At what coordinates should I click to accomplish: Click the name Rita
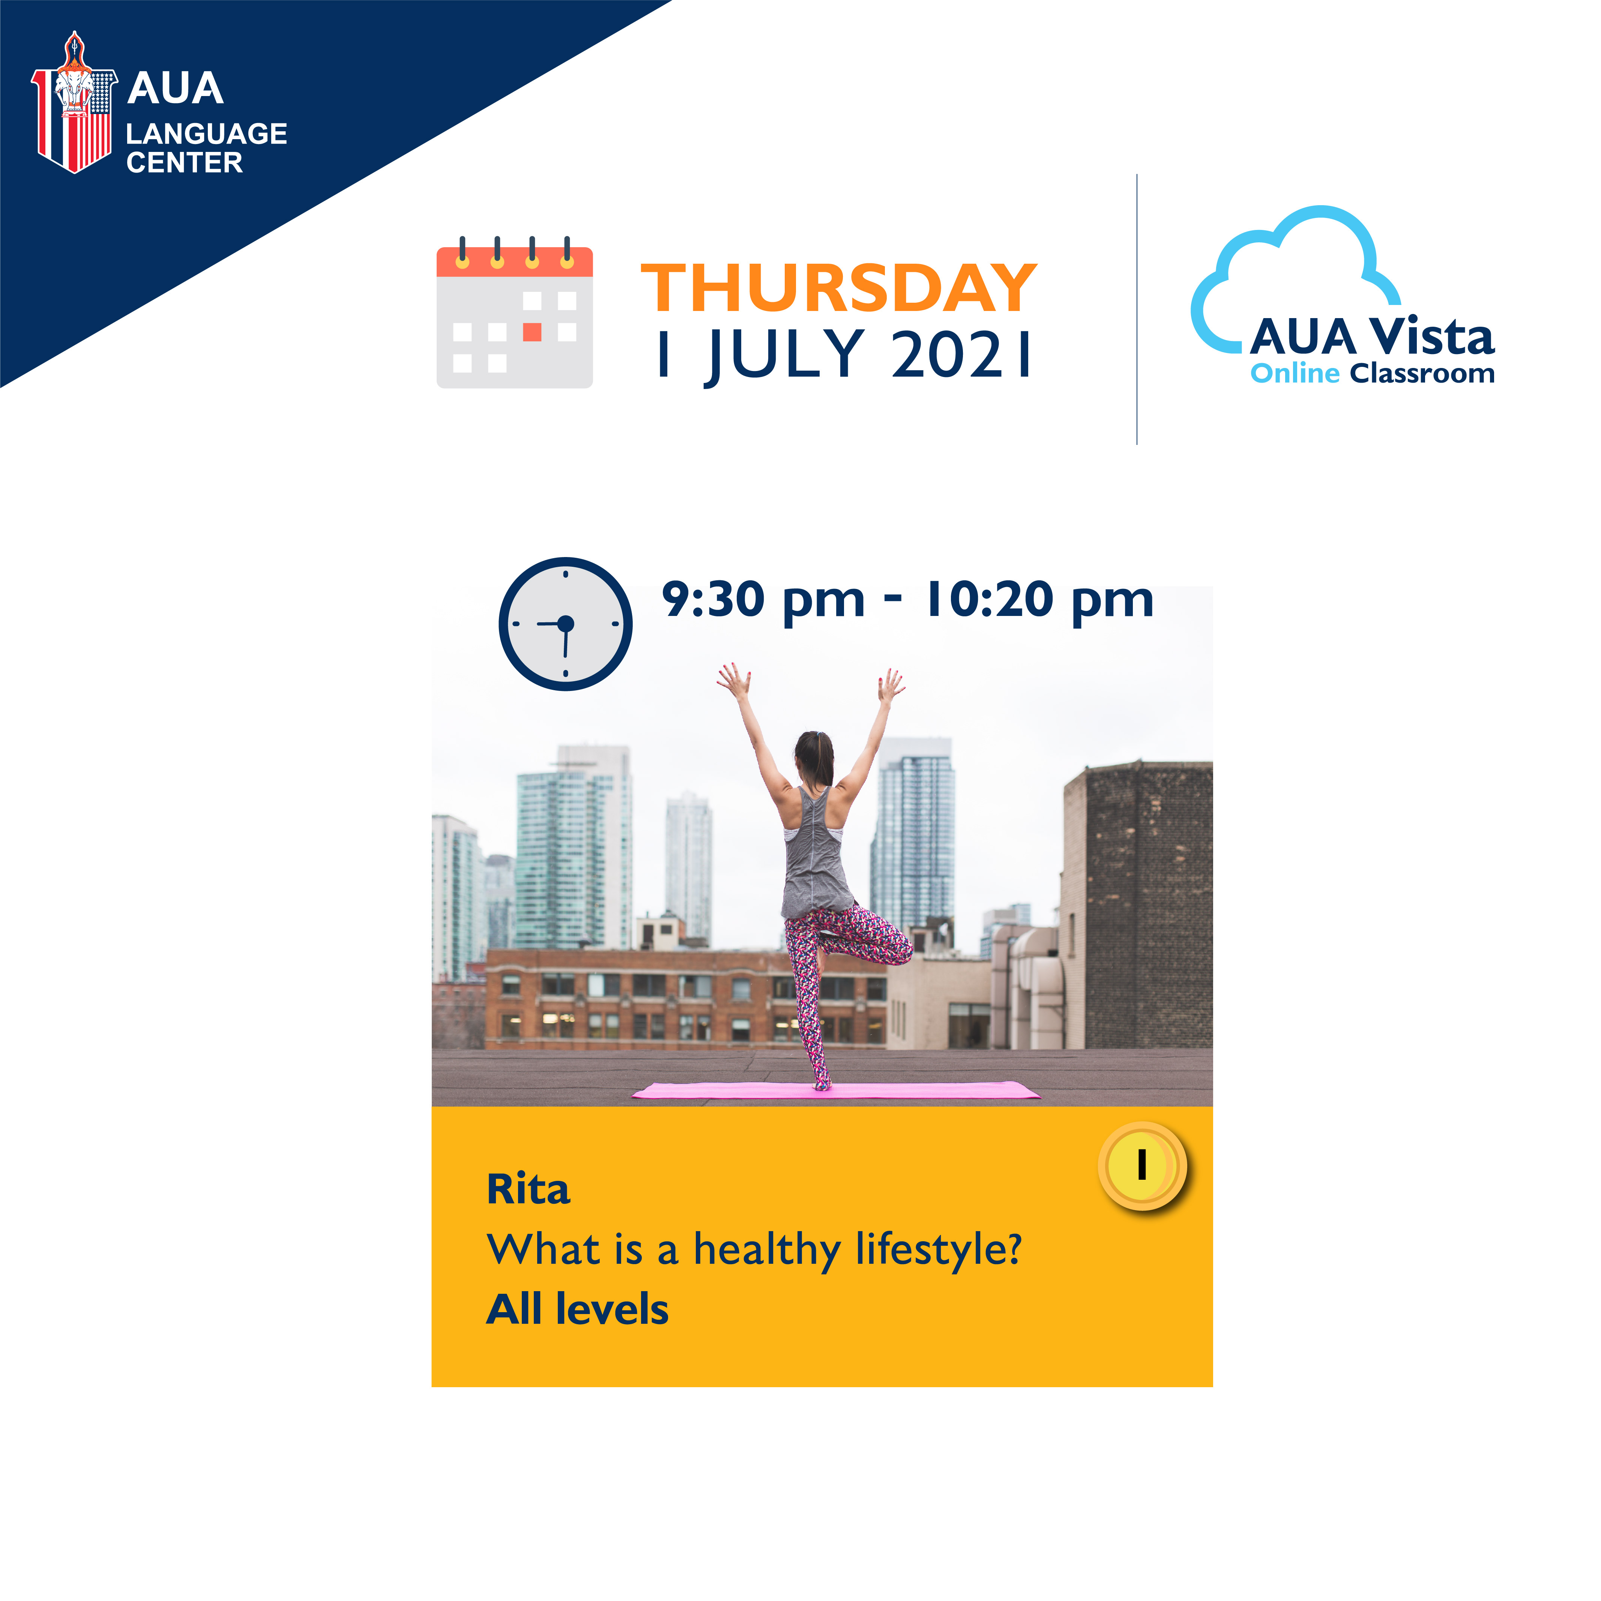click(528, 1190)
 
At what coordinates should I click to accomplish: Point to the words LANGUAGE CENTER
click(206, 147)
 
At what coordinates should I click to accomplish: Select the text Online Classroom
click(1372, 374)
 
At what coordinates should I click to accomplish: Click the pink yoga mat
click(836, 1090)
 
